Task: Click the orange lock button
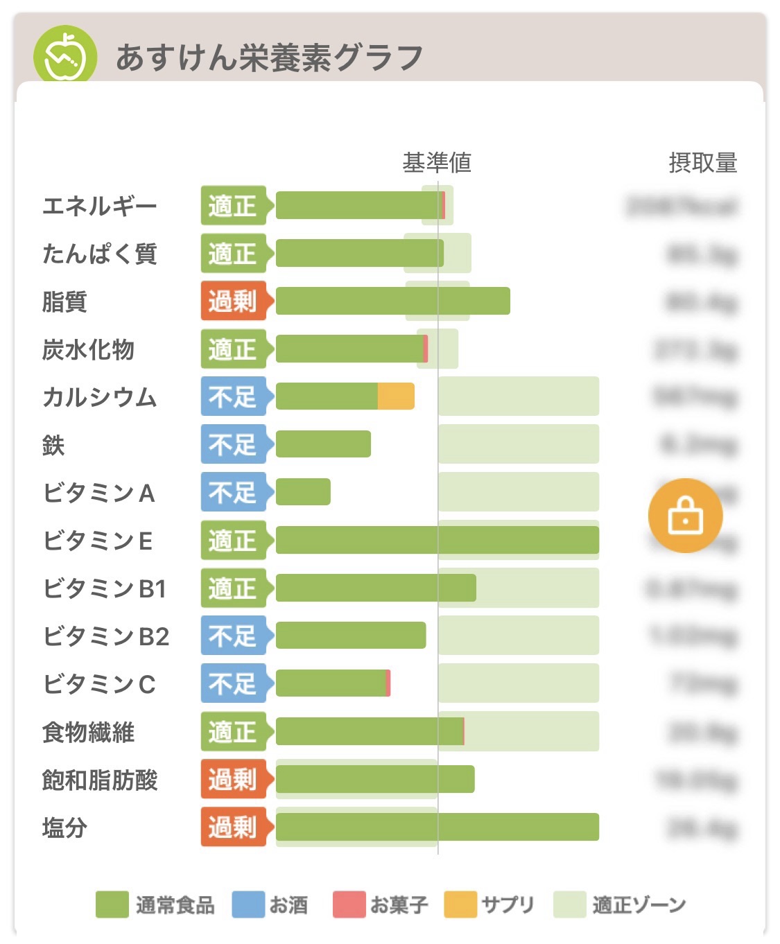685,516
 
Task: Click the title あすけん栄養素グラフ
269,58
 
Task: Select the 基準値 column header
437,163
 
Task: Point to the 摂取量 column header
702,163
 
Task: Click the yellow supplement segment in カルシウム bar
396,396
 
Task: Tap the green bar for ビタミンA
303,492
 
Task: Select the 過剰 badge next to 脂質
233,301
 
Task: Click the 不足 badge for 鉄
233,444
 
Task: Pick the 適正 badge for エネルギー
233,205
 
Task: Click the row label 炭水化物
88,349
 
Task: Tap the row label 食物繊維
88,732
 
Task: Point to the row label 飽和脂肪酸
100,780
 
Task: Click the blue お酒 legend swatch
248,904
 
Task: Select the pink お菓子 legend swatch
349,904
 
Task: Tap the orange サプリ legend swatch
460,904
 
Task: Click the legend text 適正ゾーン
639,904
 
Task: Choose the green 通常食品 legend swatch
112,904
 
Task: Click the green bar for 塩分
437,827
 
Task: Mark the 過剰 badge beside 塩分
233,827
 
